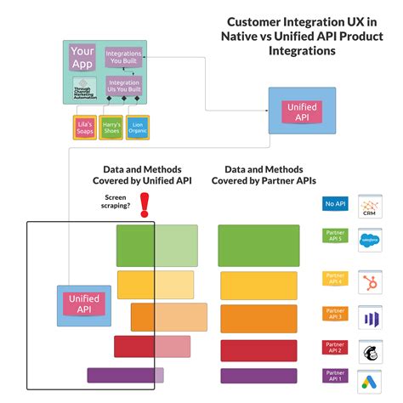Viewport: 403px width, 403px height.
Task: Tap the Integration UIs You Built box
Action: [124, 88]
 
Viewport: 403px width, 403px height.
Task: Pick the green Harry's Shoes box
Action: [111, 128]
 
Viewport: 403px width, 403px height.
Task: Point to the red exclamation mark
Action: [144, 203]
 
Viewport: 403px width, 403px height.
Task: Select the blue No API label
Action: [333, 204]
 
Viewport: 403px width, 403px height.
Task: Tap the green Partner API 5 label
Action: [333, 236]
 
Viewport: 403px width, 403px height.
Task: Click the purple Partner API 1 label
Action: [333, 375]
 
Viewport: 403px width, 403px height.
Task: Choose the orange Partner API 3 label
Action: [333, 313]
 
